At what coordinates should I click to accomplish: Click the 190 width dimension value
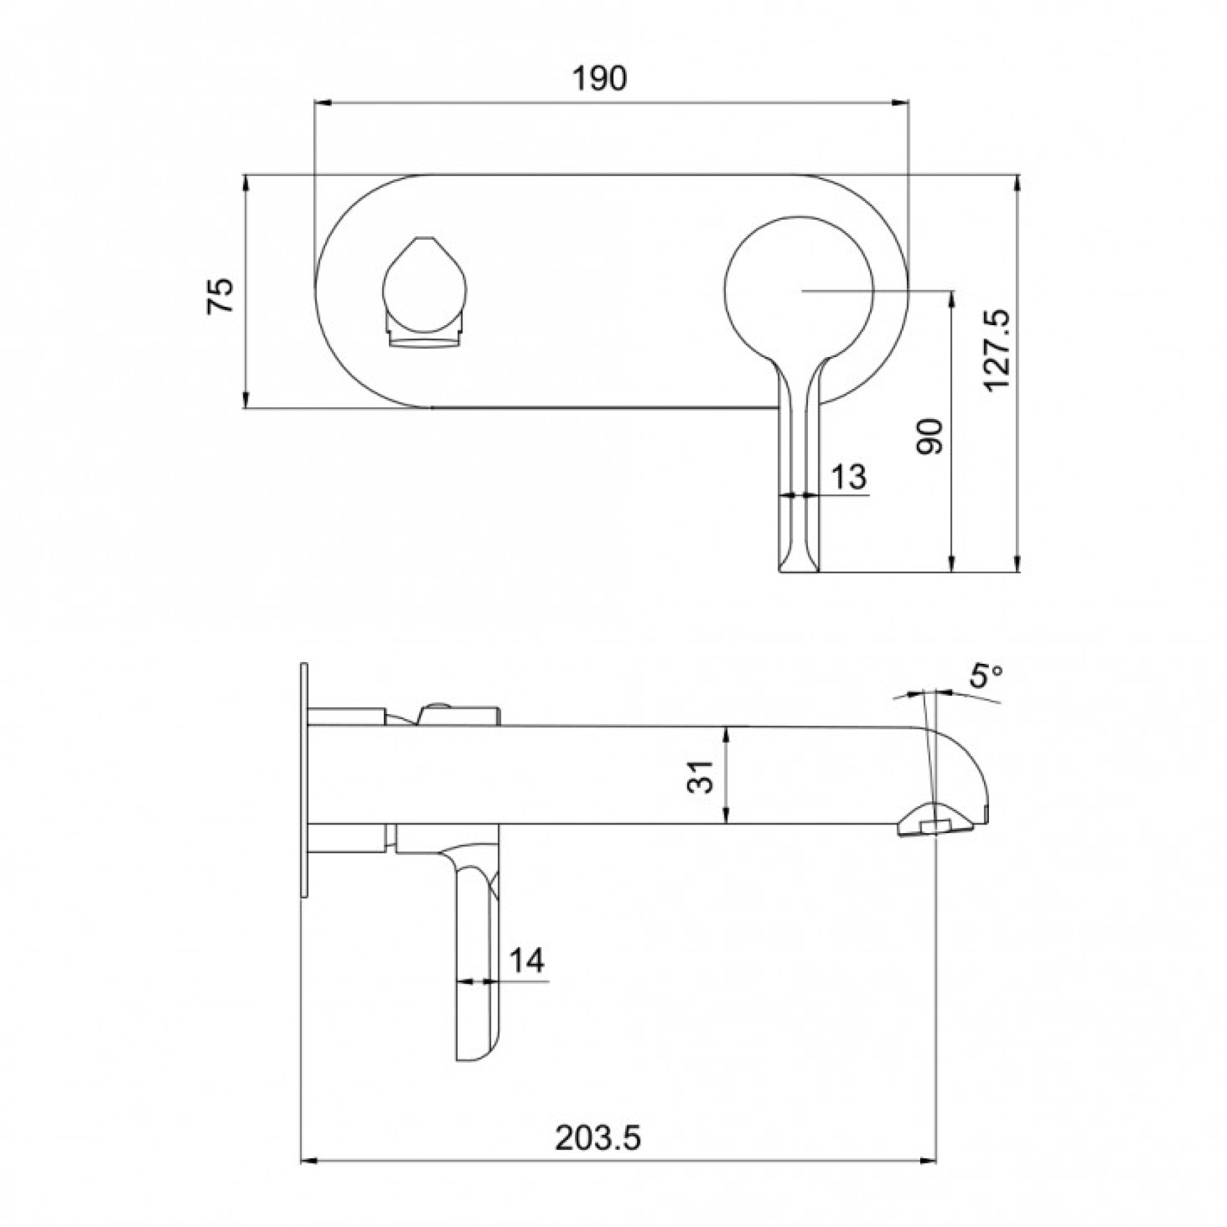pyautogui.click(x=599, y=79)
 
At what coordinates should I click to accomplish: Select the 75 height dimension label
pyautogui.click(x=221, y=295)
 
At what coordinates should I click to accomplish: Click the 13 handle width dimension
pyautogui.click(x=848, y=476)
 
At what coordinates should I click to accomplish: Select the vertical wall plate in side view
pyautogui.click(x=304, y=780)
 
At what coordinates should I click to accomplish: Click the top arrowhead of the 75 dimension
pyautogui.click(x=246, y=183)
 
